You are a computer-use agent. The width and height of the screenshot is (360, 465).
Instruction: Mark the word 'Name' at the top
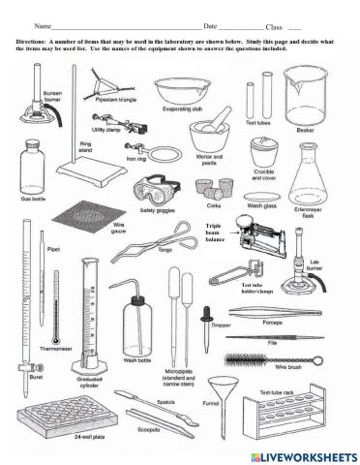41,26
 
